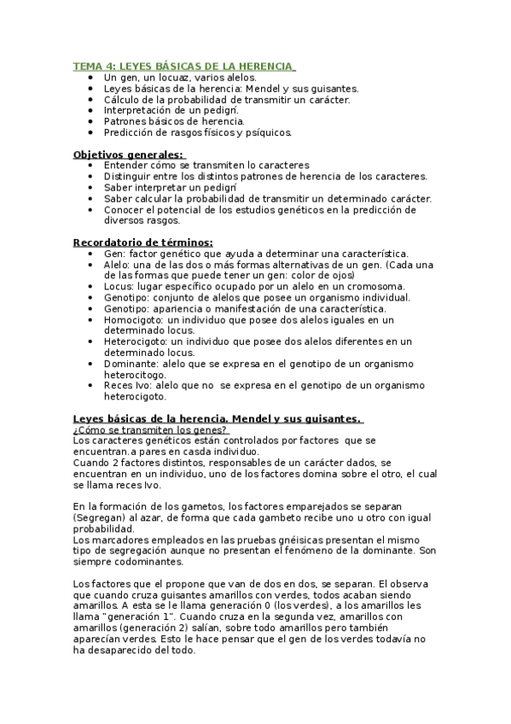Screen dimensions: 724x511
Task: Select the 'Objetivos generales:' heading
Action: pos(127,154)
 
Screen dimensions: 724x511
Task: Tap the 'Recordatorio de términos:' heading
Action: pos(142,242)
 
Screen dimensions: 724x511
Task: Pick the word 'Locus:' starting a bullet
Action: pos(119,286)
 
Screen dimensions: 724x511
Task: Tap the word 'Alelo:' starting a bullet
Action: pos(119,265)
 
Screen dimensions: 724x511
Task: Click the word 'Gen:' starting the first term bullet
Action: pos(114,254)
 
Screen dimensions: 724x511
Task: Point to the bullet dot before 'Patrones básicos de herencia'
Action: pos(92,121)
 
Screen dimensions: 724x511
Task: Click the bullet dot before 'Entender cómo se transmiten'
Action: pos(92,165)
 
